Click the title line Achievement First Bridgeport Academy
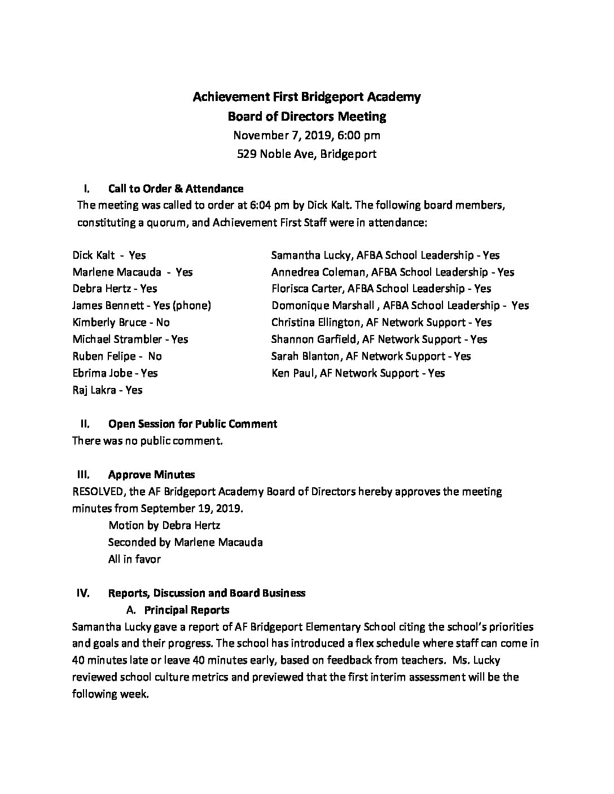tap(306, 97)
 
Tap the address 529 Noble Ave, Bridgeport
tap(306, 153)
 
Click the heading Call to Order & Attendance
tap(176, 188)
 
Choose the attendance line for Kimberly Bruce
tap(121, 323)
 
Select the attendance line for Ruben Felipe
tap(117, 356)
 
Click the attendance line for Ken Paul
tap(358, 373)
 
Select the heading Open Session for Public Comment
tap(192, 424)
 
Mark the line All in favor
tap(134, 559)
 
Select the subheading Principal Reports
tap(187, 610)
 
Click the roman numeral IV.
tap(83, 593)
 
